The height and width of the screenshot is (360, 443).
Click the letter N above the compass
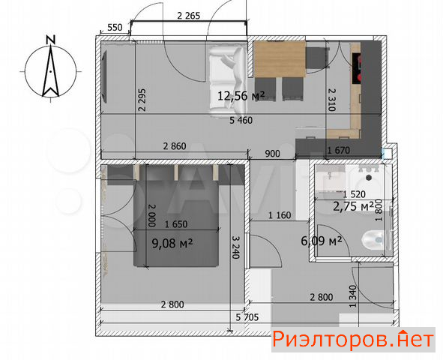click(50, 40)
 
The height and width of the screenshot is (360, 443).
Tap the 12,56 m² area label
click(241, 96)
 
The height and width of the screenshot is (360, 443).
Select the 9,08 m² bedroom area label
click(172, 243)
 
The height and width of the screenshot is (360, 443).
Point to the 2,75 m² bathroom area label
click(354, 206)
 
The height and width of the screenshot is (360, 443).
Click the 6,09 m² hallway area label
click(322, 241)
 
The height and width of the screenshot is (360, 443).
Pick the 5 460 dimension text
click(241, 121)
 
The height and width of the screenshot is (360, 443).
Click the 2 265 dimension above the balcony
click(188, 16)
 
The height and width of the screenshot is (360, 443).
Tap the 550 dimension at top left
click(115, 28)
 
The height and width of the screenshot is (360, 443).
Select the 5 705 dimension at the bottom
click(247, 317)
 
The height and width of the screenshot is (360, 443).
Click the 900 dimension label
click(272, 154)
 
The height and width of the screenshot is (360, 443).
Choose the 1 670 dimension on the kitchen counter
click(338, 150)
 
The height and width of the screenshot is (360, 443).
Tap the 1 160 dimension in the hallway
click(280, 215)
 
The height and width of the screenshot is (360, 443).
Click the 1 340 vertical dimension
click(352, 296)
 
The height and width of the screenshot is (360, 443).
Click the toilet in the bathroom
click(373, 240)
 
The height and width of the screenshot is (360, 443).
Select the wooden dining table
click(280, 59)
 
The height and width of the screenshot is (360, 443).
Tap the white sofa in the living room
click(228, 82)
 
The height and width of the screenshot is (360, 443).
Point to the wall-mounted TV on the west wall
click(104, 76)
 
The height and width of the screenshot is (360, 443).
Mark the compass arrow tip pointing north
click(50, 46)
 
